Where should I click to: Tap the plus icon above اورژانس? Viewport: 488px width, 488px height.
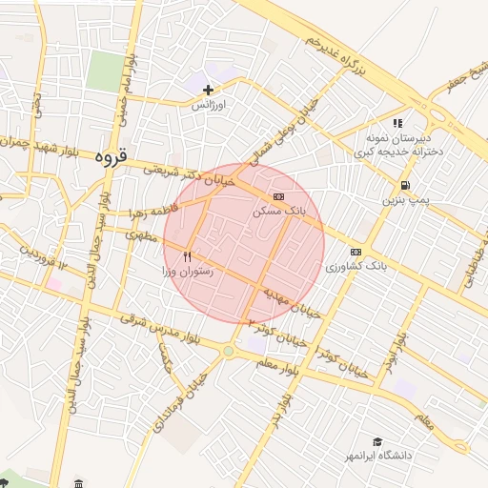[x=209, y=90]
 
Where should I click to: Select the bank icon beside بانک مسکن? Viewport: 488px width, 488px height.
[x=277, y=196]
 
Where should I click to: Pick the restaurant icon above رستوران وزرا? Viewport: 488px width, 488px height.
[x=187, y=256]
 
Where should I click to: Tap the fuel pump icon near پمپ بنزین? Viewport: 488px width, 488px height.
[x=407, y=185]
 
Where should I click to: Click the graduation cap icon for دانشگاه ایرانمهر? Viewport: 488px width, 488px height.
[x=378, y=441]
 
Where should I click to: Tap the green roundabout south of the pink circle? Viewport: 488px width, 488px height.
[x=229, y=352]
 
